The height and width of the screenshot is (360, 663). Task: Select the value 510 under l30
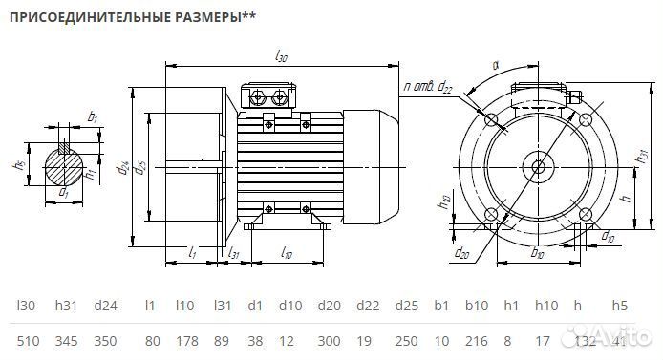pos(29,341)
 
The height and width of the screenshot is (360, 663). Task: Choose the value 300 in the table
pos(329,341)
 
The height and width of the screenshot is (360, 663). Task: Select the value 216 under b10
pos(475,341)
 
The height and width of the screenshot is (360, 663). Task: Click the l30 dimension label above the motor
pos(281,57)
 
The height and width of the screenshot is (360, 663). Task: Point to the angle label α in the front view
pos(496,66)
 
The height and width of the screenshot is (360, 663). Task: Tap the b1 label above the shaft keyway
pos(93,117)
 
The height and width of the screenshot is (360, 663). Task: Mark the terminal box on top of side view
pos(269,96)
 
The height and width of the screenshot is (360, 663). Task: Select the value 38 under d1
pos(255,341)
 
